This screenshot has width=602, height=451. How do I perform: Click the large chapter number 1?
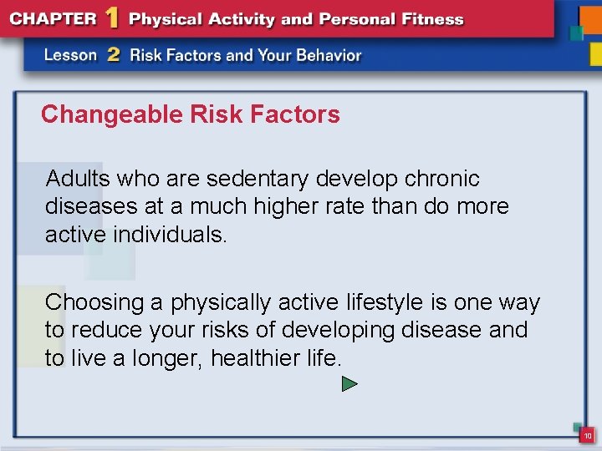click(110, 18)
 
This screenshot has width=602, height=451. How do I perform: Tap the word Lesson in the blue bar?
click(70, 55)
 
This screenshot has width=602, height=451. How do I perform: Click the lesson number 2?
click(114, 55)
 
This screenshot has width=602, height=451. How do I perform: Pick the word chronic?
click(441, 178)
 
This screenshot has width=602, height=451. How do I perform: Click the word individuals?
click(171, 235)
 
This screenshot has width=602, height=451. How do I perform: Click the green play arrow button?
click(349, 385)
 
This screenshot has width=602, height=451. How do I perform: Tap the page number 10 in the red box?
click(588, 435)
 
